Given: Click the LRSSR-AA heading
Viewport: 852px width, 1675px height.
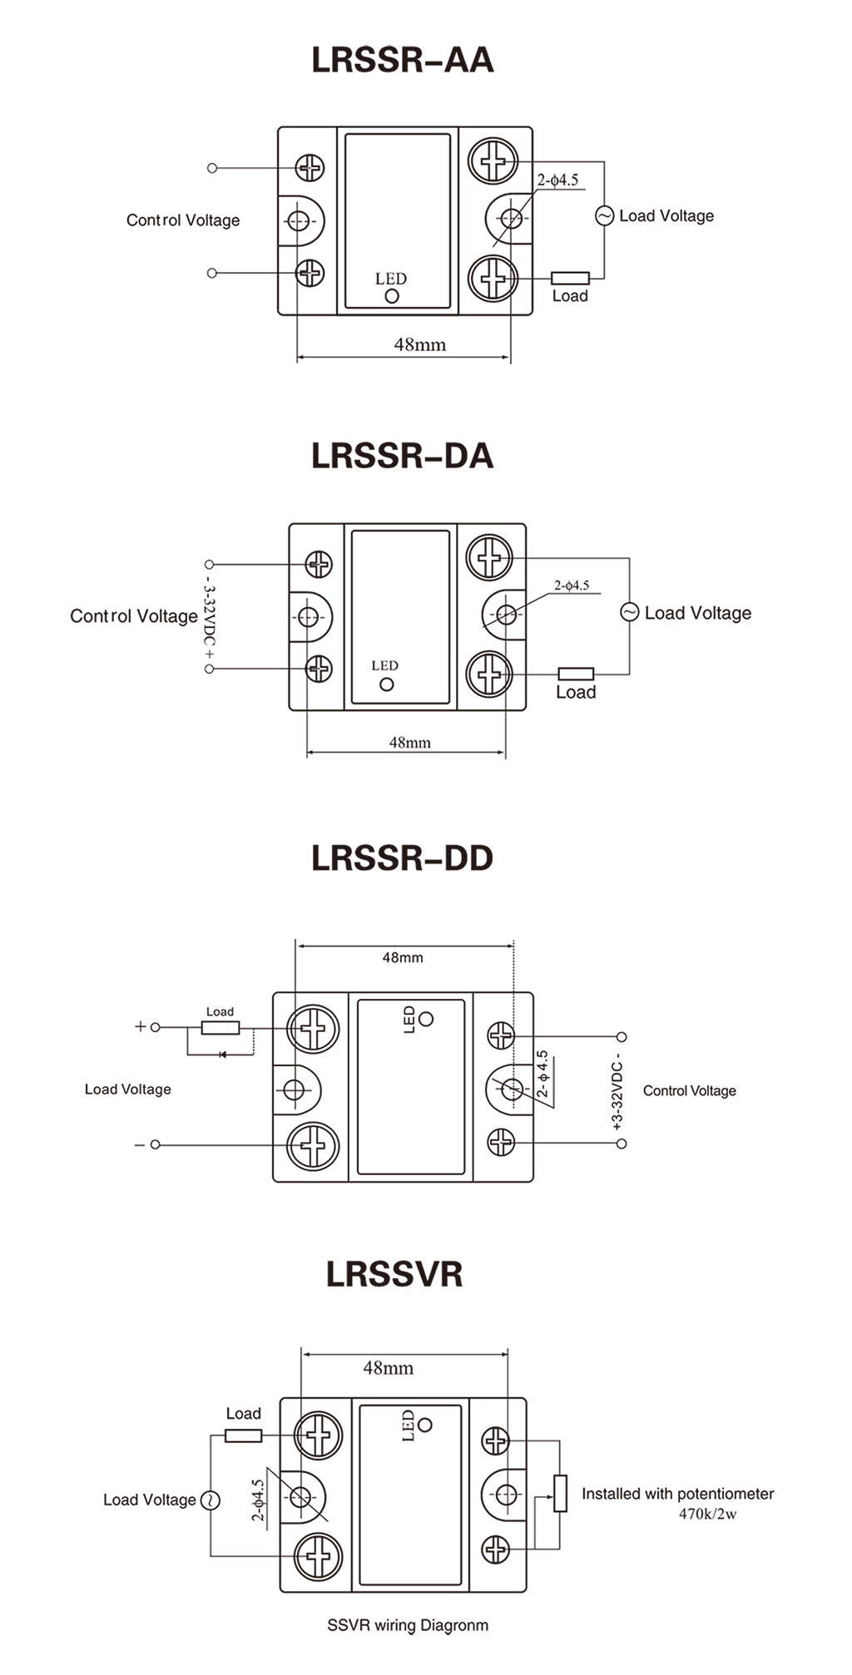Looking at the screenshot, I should [x=403, y=60].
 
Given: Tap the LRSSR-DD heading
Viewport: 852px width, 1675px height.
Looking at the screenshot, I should [x=403, y=858].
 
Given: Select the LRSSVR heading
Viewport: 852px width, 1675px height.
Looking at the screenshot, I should [x=394, y=1274].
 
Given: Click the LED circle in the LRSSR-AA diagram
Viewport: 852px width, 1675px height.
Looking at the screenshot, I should [x=392, y=295].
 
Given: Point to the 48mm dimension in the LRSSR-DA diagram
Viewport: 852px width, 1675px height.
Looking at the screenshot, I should [x=409, y=742].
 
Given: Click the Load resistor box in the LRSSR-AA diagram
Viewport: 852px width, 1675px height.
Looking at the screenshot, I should [x=570, y=278].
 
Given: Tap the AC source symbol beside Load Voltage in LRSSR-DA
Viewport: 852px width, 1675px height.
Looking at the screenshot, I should [x=630, y=612].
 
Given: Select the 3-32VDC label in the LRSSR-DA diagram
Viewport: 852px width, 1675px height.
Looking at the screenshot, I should [x=209, y=616].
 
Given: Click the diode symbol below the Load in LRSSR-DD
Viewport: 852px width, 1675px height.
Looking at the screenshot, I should [x=221, y=1055].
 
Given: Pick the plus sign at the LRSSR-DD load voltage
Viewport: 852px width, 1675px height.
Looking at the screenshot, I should [x=140, y=1026].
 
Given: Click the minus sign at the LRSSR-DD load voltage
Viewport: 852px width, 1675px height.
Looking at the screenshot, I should [x=139, y=1145].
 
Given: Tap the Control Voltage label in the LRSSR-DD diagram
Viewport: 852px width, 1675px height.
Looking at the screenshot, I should [x=689, y=1090].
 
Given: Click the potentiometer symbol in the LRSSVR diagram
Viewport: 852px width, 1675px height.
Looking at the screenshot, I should [x=561, y=1493].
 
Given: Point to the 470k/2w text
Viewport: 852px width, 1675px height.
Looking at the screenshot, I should [x=707, y=1514].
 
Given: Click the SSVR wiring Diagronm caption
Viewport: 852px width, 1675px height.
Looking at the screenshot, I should [x=408, y=1624].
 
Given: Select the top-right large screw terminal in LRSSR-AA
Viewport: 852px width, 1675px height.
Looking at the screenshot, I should [x=493, y=161].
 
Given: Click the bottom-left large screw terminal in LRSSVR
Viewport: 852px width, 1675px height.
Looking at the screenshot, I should [x=319, y=1554].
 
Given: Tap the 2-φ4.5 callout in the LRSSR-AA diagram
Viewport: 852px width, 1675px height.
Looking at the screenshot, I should [x=557, y=180].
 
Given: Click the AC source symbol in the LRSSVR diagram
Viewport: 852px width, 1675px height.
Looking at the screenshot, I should [x=211, y=1500].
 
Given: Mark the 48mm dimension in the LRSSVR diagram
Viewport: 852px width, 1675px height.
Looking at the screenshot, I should [x=388, y=1367].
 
